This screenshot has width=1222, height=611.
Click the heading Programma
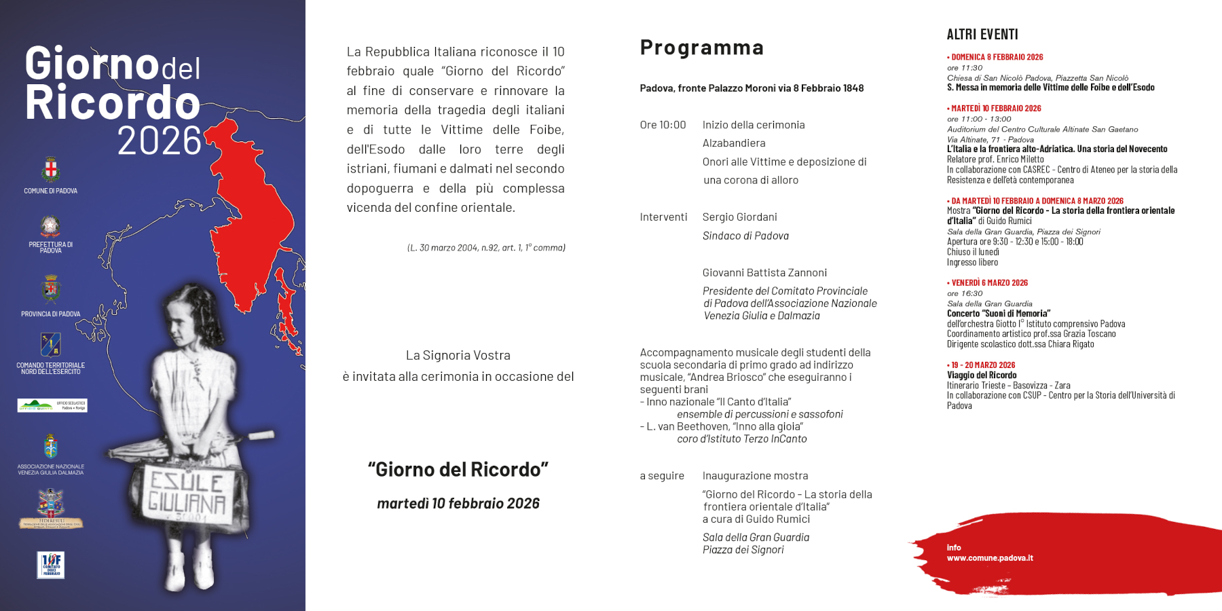(701, 48)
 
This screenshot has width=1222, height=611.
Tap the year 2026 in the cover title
(160, 141)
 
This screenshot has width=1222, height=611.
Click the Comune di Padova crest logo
(50, 170)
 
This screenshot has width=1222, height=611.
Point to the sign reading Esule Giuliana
(187, 493)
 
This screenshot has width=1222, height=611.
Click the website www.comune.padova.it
(990, 558)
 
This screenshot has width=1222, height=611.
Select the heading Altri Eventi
(982, 35)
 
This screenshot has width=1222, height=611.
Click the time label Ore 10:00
(663, 125)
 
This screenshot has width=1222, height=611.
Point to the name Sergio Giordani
(739, 217)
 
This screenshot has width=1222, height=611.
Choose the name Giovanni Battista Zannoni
(764, 273)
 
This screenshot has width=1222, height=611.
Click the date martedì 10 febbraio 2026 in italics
(458, 504)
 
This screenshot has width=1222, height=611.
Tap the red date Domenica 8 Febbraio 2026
(996, 58)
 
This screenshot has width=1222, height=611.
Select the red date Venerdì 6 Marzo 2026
(988, 283)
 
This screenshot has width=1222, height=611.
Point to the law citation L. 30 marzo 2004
(486, 248)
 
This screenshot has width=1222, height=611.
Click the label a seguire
(662, 476)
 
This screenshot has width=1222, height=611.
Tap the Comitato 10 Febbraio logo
(51, 565)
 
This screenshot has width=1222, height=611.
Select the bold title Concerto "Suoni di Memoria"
(999, 314)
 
